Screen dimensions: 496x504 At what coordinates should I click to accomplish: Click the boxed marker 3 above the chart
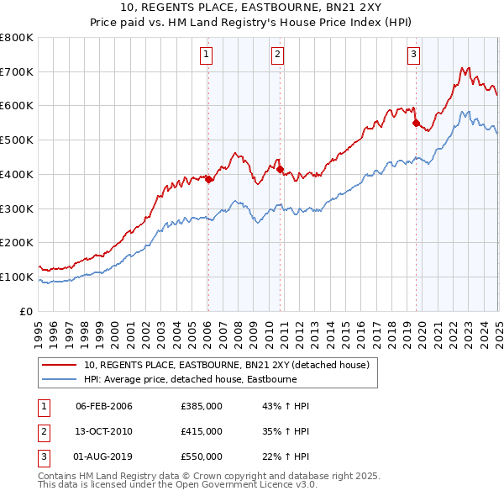pyautogui.click(x=414, y=56)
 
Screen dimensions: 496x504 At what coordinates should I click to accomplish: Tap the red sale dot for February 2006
pyautogui.click(x=208, y=179)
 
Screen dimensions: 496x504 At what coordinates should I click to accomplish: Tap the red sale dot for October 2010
pyautogui.click(x=280, y=169)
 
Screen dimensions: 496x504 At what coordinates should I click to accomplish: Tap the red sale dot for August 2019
pyautogui.click(x=416, y=123)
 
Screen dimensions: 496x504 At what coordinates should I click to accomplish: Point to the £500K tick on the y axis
pyautogui.click(x=18, y=140)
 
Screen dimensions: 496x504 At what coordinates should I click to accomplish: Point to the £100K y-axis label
pyautogui.click(x=18, y=277)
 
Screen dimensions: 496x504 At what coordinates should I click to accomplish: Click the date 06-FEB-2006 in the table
pyautogui.click(x=104, y=407)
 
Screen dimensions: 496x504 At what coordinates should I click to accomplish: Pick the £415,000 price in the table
pyautogui.click(x=202, y=431)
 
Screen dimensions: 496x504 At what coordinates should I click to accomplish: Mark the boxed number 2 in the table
pyautogui.click(x=43, y=431)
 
